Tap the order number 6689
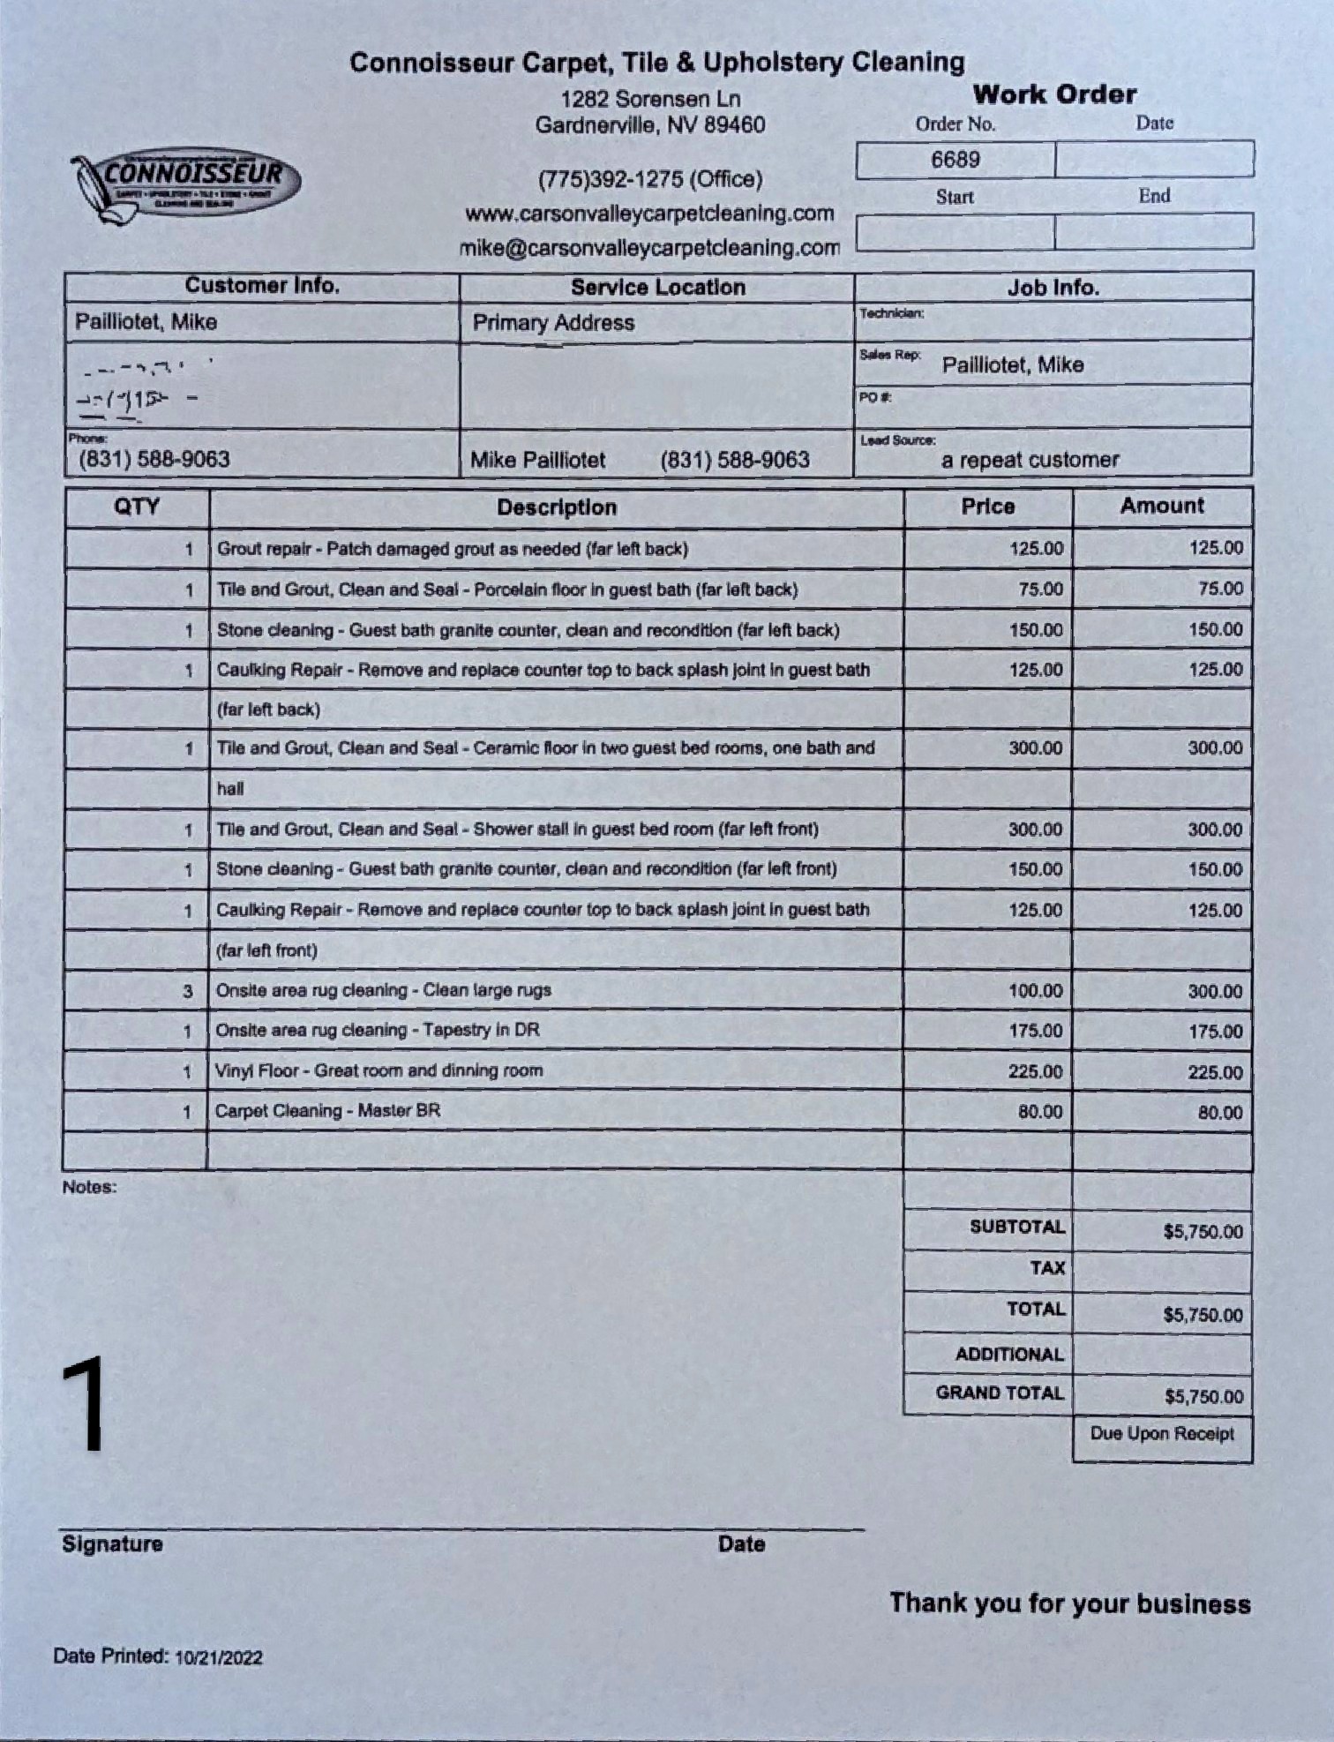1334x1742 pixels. (955, 160)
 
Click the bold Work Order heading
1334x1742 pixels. (1054, 94)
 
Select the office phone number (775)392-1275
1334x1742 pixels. (649, 179)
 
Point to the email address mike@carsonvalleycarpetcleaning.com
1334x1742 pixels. (649, 248)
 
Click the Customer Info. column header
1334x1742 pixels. (262, 286)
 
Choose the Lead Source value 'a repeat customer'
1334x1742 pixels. (1030, 460)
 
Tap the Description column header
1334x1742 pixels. (556, 507)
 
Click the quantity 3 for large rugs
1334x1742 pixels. (187, 991)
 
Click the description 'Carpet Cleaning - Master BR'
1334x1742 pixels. (327, 1111)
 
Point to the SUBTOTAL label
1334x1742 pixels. (1016, 1228)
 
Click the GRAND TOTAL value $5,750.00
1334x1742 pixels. (1203, 1397)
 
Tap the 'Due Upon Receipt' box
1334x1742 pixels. (1162, 1434)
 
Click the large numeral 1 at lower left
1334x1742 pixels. (84, 1405)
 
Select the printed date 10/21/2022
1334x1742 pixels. (218, 1657)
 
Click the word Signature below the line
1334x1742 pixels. (112, 1544)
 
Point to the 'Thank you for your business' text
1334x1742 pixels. (1069, 1603)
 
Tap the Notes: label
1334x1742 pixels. (89, 1187)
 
